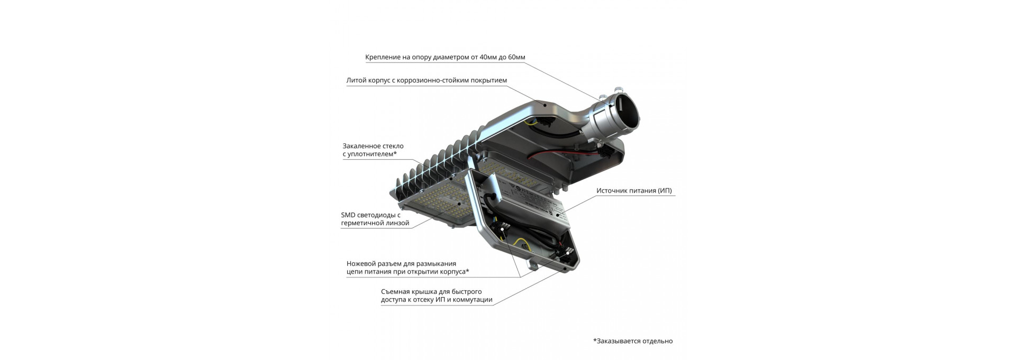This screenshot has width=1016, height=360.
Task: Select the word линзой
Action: [396, 223]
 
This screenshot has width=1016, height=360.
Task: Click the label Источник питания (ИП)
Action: [634, 191]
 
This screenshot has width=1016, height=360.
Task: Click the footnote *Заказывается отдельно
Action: [633, 341]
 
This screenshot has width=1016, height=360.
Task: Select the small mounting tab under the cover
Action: [534, 263]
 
